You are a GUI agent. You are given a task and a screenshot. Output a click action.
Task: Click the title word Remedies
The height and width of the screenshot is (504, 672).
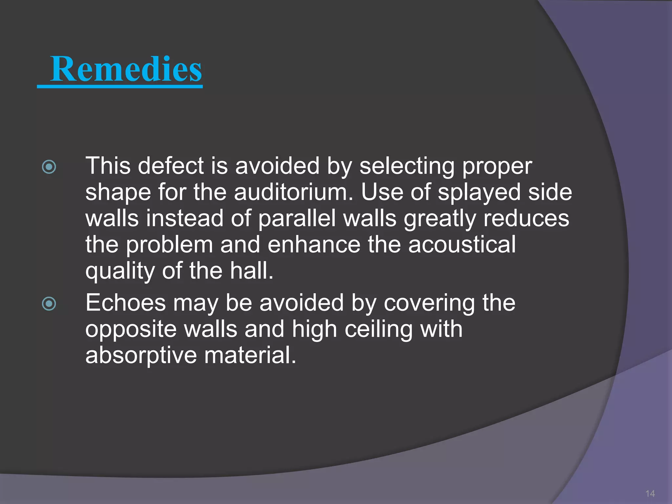[x=126, y=69]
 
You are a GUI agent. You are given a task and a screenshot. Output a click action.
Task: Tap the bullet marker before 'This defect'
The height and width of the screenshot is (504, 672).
[x=49, y=167]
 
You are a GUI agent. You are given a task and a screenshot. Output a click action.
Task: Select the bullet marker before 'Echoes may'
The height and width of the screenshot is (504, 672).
[x=49, y=304]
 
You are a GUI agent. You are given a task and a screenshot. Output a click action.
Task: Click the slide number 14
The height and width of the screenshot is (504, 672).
[x=650, y=493]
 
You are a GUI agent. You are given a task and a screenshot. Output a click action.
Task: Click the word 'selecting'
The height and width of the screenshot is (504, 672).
[x=407, y=167]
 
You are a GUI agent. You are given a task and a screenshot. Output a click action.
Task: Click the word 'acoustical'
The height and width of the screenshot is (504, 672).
[x=462, y=245]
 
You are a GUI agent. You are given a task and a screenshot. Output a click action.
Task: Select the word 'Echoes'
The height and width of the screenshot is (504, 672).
[x=126, y=303]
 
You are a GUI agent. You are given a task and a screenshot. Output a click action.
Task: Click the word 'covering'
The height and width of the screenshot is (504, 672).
[x=429, y=304]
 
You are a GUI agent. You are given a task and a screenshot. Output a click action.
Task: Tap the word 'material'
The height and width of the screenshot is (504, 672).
[x=250, y=355]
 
